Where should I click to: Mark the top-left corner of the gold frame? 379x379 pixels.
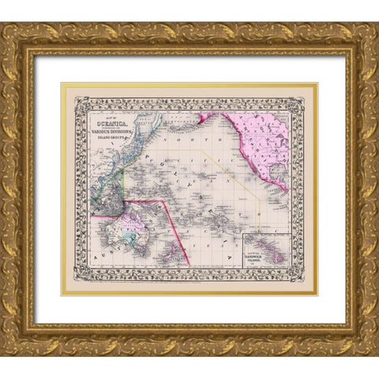(4, 25)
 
